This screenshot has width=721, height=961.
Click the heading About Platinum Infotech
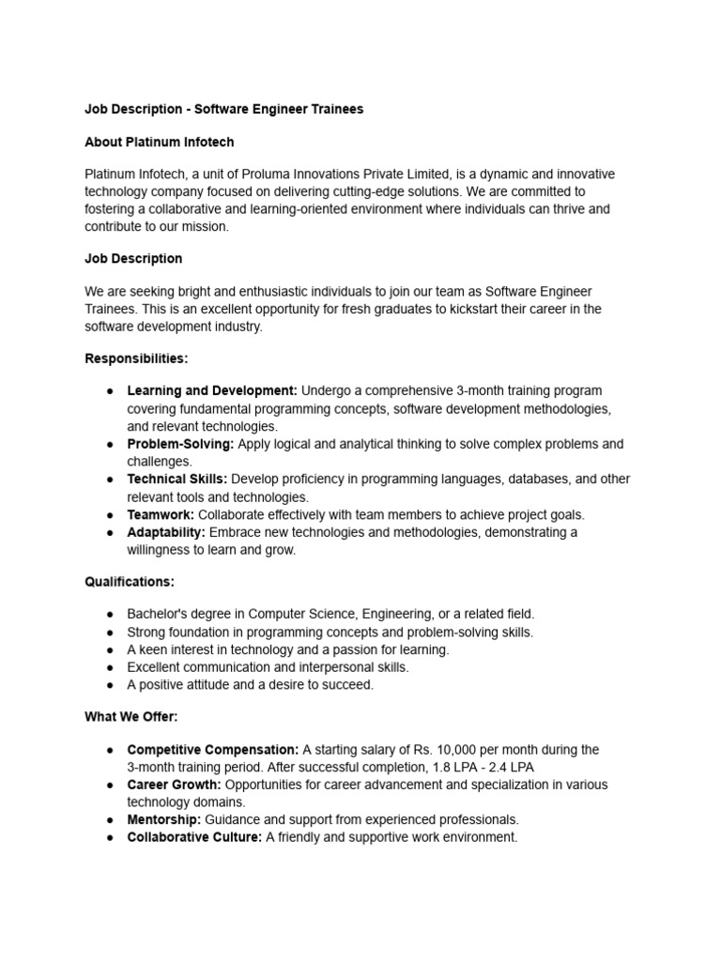tap(159, 142)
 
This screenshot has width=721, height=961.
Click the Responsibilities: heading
tap(136, 358)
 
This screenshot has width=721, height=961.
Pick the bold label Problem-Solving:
tap(180, 444)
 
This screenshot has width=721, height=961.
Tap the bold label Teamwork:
tap(161, 514)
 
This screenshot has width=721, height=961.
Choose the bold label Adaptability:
tap(166, 532)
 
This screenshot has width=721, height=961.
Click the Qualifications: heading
tap(130, 582)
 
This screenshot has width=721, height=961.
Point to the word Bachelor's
tap(157, 614)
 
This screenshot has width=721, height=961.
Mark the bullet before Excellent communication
tap(110, 667)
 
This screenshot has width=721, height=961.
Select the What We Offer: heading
tap(131, 717)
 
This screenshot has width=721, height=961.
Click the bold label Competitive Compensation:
tap(213, 750)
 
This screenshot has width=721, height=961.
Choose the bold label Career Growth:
tap(174, 785)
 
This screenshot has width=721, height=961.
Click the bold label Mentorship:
tap(164, 819)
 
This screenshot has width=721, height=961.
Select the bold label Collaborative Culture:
tap(194, 837)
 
